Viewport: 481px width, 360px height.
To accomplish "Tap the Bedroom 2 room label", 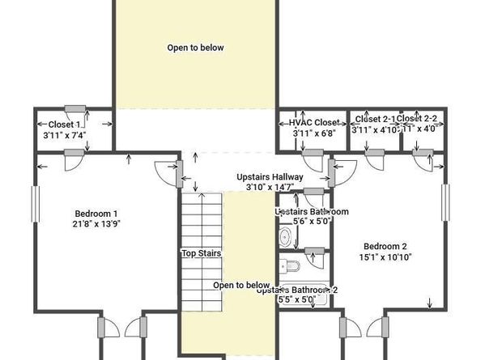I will (x=385, y=247).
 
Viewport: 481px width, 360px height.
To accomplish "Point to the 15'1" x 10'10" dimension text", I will (x=385, y=257).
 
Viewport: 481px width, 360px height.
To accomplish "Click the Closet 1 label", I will (x=64, y=125).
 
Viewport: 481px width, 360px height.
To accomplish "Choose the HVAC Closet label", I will (x=314, y=123).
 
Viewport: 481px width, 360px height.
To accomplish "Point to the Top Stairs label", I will (x=201, y=253).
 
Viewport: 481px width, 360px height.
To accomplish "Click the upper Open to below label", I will (x=195, y=48).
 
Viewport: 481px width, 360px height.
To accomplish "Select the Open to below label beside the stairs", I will (x=240, y=286).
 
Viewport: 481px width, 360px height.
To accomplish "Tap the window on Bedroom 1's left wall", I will (x=34, y=208).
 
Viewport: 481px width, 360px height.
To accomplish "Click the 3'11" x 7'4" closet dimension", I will (x=64, y=135).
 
